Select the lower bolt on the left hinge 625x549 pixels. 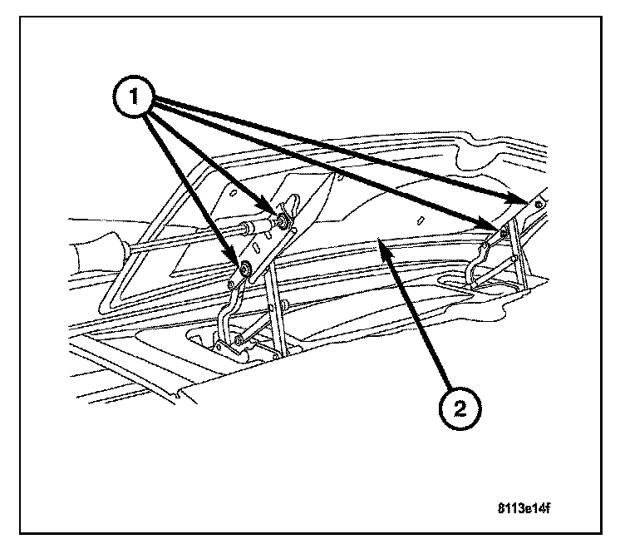pos(247,269)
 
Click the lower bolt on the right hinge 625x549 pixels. pos(504,231)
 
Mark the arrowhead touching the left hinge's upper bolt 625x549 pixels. pos(271,211)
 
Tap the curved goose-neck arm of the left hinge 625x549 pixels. pos(226,312)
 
